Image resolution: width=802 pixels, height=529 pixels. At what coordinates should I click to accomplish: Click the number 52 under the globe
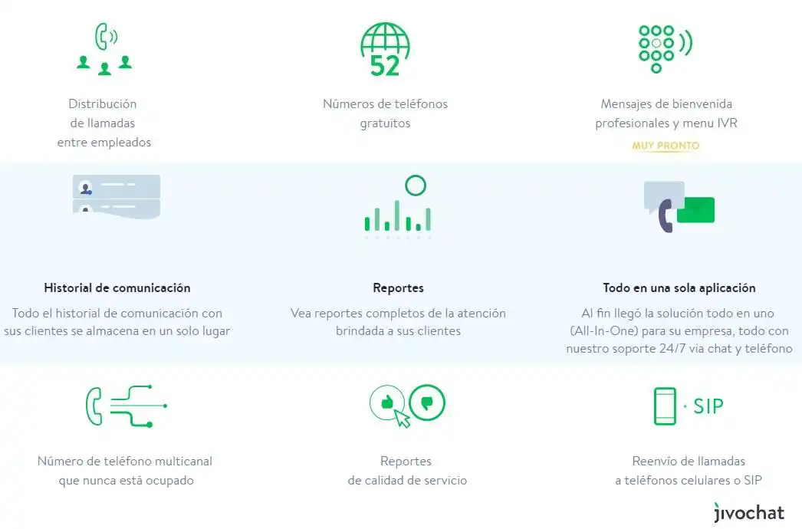385,66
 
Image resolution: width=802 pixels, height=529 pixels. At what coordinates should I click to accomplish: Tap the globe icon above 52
385,40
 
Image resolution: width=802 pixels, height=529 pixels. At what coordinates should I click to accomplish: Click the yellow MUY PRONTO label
666,146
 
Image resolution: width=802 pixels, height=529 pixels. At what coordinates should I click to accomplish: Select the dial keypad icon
656,48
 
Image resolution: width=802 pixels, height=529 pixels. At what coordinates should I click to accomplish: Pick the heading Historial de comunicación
117,288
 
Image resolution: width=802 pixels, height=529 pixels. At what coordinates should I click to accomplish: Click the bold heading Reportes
399,288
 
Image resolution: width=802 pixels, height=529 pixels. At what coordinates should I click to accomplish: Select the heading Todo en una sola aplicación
679,288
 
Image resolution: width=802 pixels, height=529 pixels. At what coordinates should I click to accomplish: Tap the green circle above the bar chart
416,186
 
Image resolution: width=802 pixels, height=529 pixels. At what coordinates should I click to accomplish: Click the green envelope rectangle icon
695,210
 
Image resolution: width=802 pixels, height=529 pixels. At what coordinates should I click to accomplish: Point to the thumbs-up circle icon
387,402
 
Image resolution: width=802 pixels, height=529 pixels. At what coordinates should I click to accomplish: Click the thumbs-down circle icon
427,402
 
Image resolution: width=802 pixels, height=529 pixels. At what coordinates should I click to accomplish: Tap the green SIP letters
708,407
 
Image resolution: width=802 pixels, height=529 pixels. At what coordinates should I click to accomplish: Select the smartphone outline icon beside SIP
665,406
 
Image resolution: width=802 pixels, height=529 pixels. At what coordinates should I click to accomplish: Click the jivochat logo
749,512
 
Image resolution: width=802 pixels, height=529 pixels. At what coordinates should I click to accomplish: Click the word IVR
727,123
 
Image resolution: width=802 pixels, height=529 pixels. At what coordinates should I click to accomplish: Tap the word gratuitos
385,123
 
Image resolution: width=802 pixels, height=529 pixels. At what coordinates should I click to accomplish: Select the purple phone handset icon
666,216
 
